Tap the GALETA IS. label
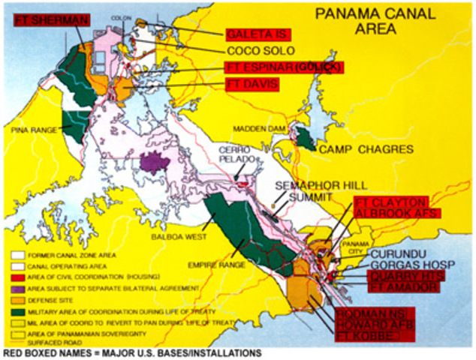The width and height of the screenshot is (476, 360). [x=258, y=34]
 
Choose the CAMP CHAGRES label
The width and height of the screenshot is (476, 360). [x=366, y=150]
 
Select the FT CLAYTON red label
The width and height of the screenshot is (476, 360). [x=390, y=202]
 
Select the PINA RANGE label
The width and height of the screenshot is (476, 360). [x=34, y=130]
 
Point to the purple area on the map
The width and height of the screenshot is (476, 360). [x=155, y=162]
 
